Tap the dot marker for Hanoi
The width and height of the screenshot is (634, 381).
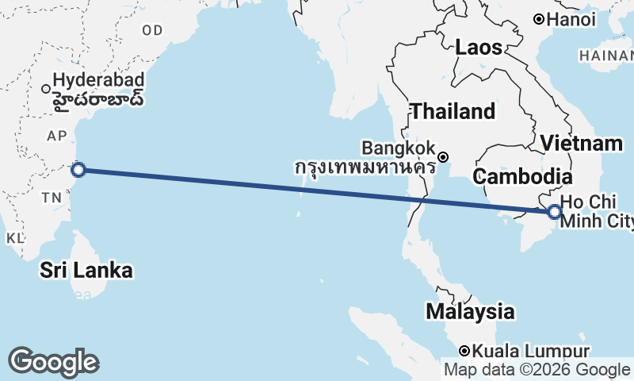(x=538, y=18)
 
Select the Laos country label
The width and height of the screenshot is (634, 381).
(x=479, y=48)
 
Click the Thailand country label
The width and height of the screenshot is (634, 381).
(x=452, y=112)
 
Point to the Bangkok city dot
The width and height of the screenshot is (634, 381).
(x=444, y=156)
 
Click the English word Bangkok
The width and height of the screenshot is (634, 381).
(x=398, y=148)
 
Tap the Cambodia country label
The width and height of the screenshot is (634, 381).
(x=522, y=176)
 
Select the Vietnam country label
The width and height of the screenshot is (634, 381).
(x=581, y=144)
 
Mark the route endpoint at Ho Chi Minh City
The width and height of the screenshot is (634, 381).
(x=554, y=211)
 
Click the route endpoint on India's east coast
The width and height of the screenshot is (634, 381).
(x=78, y=168)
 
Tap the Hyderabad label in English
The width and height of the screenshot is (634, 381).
(x=99, y=80)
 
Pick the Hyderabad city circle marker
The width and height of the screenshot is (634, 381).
(x=46, y=88)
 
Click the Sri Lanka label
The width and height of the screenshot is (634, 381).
(x=86, y=271)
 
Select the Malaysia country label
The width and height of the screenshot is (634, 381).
(x=469, y=311)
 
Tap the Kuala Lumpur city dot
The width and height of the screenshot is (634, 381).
(x=465, y=351)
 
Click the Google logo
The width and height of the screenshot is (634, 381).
(x=53, y=362)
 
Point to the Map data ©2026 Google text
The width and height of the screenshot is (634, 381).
(x=537, y=370)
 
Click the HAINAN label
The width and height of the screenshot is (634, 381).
(x=605, y=56)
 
